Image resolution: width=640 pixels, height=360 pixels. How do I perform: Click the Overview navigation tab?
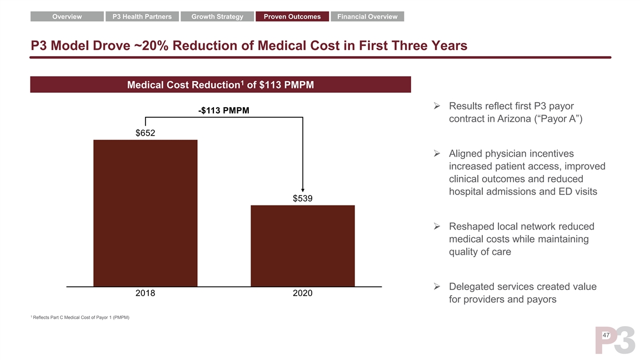pyautogui.click(x=67, y=17)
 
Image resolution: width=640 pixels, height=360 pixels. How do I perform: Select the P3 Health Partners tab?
pyautogui.click(x=142, y=17)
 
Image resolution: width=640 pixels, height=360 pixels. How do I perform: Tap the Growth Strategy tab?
pyautogui.click(x=217, y=17)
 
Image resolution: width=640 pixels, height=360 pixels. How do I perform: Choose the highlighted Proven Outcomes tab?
pyautogui.click(x=292, y=17)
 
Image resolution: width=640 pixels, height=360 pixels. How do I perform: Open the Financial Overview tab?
pyautogui.click(x=367, y=17)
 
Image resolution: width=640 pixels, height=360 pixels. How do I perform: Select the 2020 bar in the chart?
pyautogui.click(x=303, y=246)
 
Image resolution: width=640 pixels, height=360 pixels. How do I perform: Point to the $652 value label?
pyautogui.click(x=146, y=133)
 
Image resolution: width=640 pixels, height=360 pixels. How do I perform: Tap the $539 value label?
pyautogui.click(x=303, y=198)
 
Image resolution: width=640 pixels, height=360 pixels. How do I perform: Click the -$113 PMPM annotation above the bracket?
pyautogui.click(x=223, y=111)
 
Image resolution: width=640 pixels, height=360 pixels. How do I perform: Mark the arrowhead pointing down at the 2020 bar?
pyautogui.click(x=303, y=188)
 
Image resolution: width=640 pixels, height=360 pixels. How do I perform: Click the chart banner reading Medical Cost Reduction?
pyautogui.click(x=221, y=84)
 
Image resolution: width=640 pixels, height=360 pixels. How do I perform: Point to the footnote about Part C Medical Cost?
pyautogui.click(x=81, y=317)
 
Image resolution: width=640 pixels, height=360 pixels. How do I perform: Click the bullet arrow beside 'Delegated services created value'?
pyautogui.click(x=437, y=287)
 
